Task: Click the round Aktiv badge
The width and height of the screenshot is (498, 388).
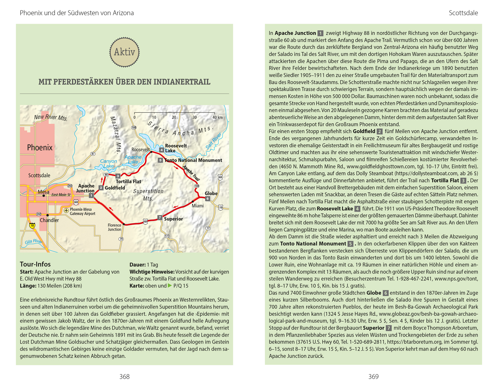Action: coord(124,52)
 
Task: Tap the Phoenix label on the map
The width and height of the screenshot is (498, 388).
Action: coord(40,148)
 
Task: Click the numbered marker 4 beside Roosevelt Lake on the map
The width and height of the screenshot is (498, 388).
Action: coord(161,150)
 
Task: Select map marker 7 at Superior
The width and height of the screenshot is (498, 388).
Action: coord(160,218)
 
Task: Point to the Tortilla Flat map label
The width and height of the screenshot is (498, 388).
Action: coord(128,181)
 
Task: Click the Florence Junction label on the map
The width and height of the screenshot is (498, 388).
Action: coord(115,227)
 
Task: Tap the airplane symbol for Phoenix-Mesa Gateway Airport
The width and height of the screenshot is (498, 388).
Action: coord(66,211)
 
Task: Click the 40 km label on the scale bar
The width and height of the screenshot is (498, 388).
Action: coord(217,117)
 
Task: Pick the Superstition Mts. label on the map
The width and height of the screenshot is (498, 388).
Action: coord(148,195)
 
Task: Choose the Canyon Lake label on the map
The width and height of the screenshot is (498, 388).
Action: coord(109,163)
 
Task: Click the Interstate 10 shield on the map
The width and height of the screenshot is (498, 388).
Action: coord(32,226)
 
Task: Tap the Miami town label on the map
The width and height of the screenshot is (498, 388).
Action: coord(198,206)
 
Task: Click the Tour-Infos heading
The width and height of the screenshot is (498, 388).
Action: coord(35,264)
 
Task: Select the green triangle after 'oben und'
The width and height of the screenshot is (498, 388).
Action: coord(170,286)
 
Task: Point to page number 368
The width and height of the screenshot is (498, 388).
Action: coord(124,376)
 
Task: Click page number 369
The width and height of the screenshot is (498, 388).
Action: coord(373,376)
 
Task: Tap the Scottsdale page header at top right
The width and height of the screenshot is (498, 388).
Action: coord(463,13)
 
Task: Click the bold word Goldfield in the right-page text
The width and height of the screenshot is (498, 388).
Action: coord(364,131)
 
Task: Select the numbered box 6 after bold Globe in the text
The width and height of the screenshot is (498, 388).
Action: coord(385,293)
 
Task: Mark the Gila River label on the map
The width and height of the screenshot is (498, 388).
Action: coord(33,241)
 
